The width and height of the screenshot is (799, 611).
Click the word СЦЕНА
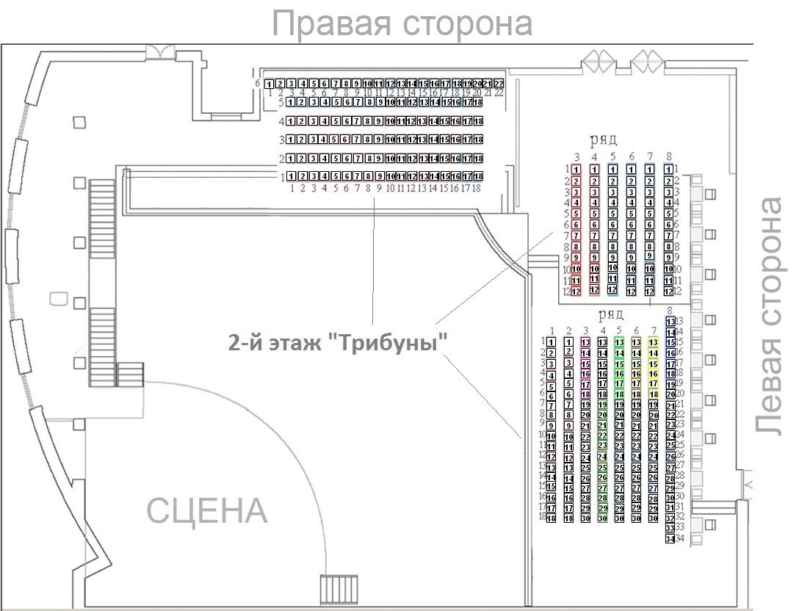click(x=208, y=510)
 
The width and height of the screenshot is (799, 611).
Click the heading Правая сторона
click(x=402, y=23)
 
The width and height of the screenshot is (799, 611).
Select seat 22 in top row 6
click(x=499, y=84)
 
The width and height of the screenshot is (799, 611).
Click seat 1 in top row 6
click(x=270, y=84)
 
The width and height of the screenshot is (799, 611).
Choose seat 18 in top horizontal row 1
click(x=478, y=176)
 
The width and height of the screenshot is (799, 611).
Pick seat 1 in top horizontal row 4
click(x=292, y=121)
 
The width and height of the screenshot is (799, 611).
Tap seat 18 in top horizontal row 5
click(x=478, y=103)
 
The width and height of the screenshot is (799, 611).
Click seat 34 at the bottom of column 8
click(x=670, y=539)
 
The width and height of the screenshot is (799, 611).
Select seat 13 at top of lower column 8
click(x=670, y=321)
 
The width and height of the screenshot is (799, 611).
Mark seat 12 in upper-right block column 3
click(x=576, y=292)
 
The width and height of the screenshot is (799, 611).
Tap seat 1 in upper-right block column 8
click(x=668, y=170)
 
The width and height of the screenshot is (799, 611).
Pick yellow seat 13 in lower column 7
click(x=654, y=342)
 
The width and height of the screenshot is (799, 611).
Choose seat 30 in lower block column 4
click(x=602, y=518)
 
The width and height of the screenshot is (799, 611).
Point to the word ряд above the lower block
click(x=611, y=316)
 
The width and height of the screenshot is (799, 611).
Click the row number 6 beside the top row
click(x=258, y=84)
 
